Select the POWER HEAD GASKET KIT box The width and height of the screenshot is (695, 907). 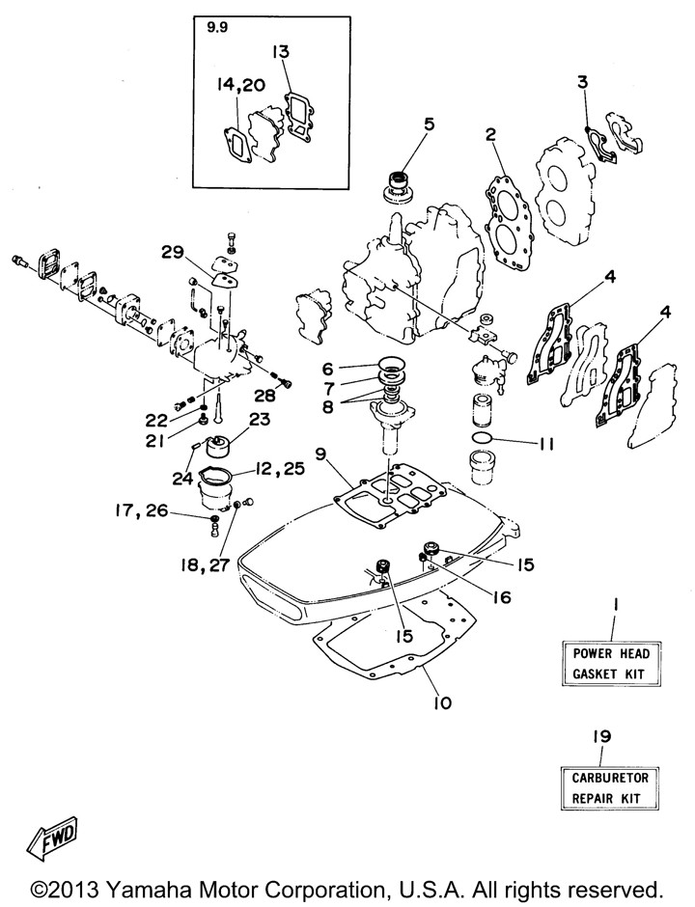pyautogui.click(x=611, y=664)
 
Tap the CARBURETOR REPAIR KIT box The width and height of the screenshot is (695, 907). pyautogui.click(x=611, y=786)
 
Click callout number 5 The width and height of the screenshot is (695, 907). pyautogui.click(x=429, y=124)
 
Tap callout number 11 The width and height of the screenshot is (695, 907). pyautogui.click(x=545, y=445)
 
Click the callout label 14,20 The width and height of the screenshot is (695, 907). pyautogui.click(x=237, y=87)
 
